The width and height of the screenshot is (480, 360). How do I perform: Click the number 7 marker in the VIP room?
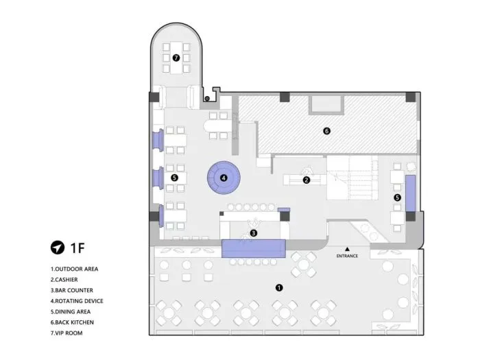176,58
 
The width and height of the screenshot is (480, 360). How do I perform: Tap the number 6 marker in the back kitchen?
326,131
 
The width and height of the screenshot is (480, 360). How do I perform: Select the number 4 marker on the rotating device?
224,178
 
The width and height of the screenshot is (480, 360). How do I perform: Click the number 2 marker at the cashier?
307,180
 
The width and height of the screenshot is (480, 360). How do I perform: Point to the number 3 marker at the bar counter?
254,233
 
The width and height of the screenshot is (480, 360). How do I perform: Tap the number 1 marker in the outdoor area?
279,288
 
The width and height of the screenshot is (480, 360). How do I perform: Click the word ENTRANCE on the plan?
347,256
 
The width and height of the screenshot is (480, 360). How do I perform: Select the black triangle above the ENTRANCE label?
347,249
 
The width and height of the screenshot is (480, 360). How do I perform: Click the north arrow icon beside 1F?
58,248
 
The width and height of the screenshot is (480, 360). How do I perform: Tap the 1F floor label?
77,248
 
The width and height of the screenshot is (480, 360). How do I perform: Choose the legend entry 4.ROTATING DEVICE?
77,301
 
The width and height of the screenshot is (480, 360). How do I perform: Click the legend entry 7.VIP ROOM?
67,333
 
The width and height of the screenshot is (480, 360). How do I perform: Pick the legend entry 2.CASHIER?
64,280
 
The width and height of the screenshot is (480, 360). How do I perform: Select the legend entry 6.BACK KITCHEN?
72,322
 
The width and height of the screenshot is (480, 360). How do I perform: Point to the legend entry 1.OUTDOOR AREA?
74,269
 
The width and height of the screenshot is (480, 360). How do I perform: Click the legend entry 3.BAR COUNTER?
71,290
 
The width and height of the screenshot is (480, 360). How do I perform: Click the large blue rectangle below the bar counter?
254,248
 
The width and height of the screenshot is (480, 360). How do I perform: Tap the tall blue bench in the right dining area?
411,193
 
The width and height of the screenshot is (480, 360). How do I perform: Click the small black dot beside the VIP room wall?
207,99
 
